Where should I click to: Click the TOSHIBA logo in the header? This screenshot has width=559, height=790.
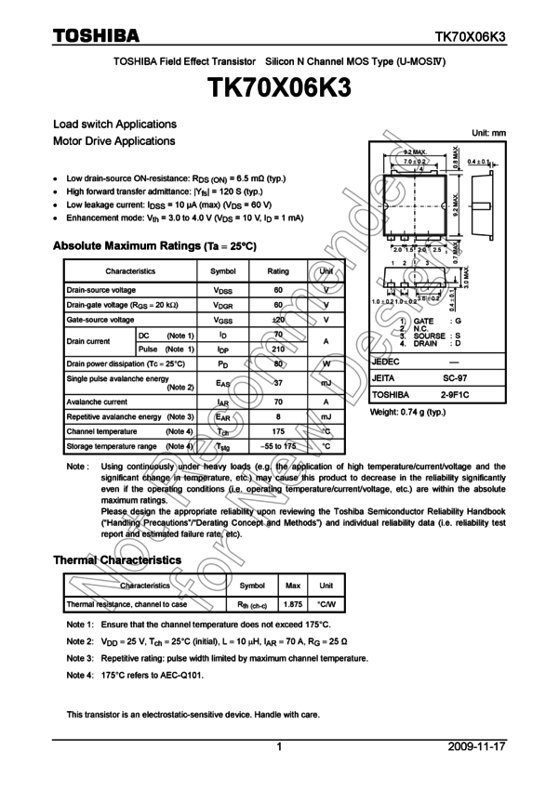coord(95,36)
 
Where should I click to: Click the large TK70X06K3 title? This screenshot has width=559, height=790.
coord(279,89)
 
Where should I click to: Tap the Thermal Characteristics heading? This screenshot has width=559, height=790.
coord(117,560)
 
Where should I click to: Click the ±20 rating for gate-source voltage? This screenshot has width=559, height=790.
coord(278,320)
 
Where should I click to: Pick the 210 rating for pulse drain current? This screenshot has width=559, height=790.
coord(278,349)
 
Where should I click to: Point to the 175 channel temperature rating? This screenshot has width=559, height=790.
coord(278,432)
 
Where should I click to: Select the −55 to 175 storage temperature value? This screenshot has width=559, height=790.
coord(278,447)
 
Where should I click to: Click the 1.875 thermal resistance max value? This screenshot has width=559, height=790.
coord(293,604)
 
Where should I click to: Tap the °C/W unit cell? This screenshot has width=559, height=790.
coord(326,604)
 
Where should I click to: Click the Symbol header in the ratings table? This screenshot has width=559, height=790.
coord(223,271)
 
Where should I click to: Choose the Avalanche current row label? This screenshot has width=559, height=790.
coord(97,402)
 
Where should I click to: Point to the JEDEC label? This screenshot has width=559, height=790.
coord(386,362)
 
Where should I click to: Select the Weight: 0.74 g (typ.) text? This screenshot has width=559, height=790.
coord(407,412)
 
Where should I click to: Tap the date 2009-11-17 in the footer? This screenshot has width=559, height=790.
coord(476,746)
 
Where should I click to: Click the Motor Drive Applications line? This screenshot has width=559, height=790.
coord(114,141)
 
